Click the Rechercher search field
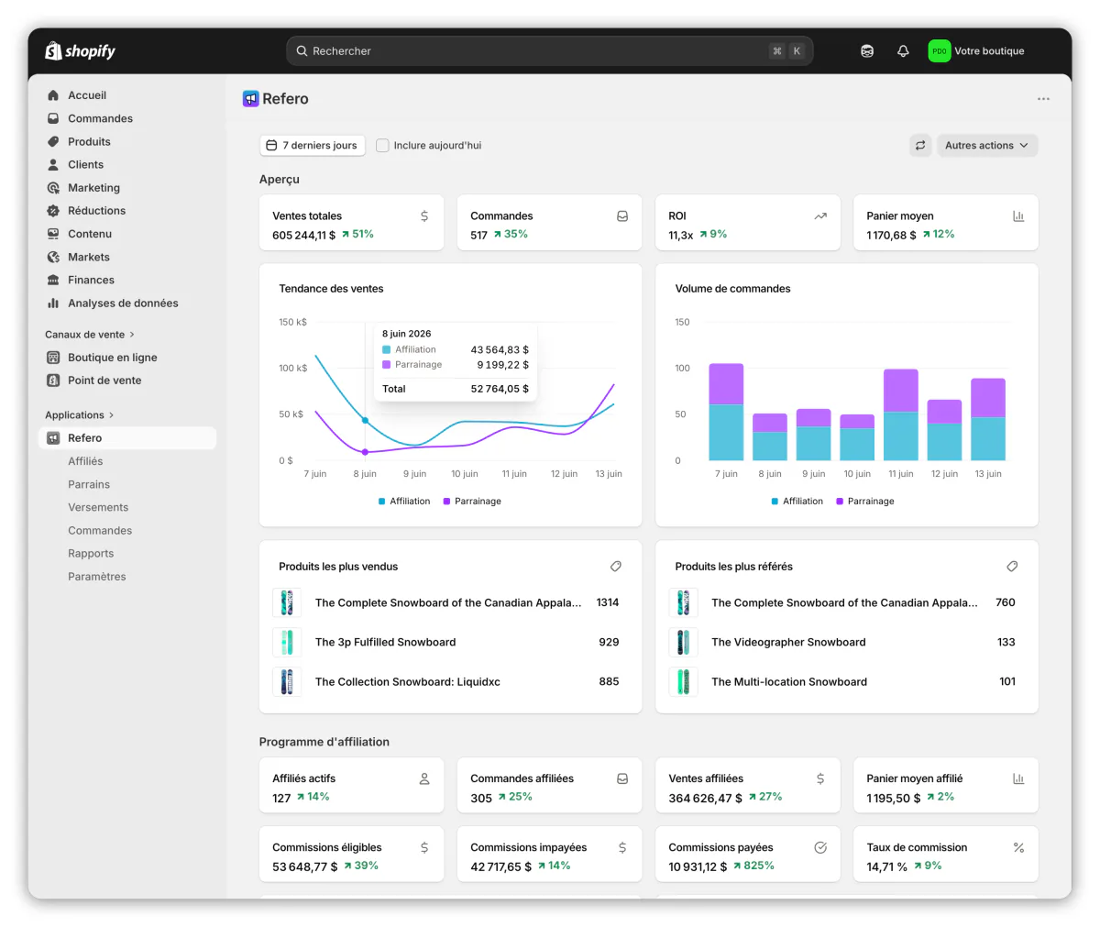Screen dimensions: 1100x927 click(x=549, y=51)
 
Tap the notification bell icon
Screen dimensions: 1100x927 click(x=902, y=51)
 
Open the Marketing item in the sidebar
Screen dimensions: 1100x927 click(x=93, y=188)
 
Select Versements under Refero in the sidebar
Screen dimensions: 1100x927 click(x=98, y=507)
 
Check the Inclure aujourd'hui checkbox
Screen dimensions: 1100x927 click(x=382, y=146)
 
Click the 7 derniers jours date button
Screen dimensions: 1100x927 click(x=312, y=146)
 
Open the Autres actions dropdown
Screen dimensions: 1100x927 click(x=986, y=146)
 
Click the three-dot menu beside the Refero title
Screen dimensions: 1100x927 click(x=1043, y=99)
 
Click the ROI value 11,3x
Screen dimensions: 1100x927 click(x=680, y=236)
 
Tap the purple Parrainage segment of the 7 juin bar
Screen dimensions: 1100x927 click(x=726, y=384)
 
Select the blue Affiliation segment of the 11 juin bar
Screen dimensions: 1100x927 click(x=900, y=436)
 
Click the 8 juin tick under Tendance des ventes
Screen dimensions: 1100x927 click(x=365, y=474)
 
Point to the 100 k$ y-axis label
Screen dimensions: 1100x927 click(x=293, y=368)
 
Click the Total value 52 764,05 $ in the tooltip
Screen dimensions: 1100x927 click(x=500, y=389)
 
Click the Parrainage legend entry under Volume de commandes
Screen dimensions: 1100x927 click(x=865, y=502)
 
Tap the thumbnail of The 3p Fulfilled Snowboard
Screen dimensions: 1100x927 click(x=287, y=643)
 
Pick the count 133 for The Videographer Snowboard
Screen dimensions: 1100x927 click(x=1006, y=643)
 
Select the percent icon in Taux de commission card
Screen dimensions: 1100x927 click(x=1018, y=848)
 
